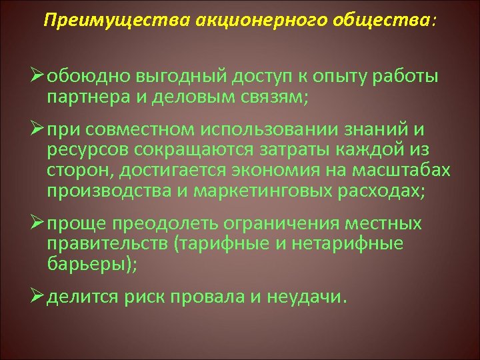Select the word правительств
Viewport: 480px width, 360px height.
[x=107, y=243]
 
